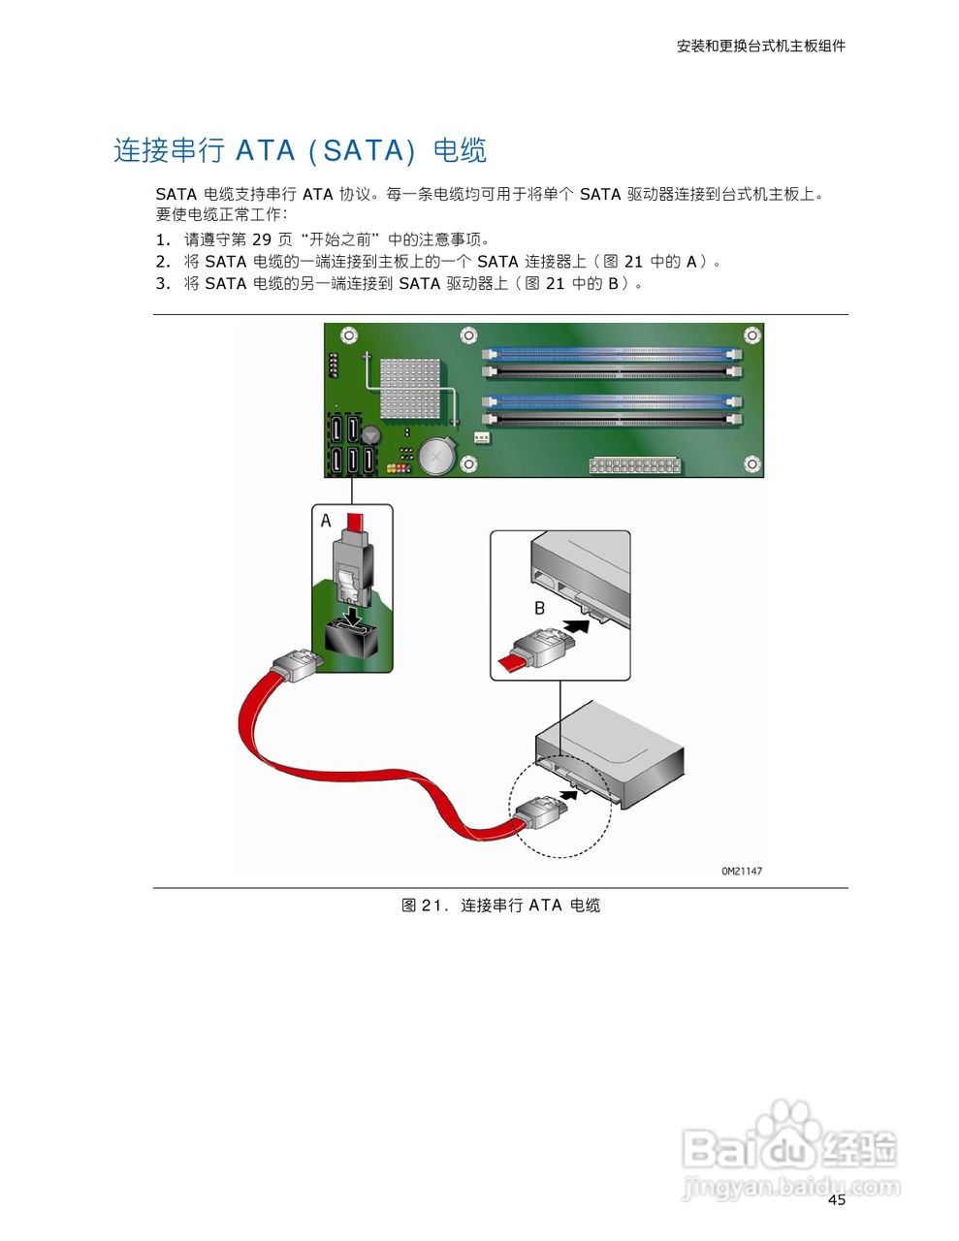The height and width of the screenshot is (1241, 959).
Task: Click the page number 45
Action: pos(836,1200)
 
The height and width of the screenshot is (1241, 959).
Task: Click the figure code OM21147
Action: pos(741,871)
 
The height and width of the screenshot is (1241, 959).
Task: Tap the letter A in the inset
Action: pos(326,522)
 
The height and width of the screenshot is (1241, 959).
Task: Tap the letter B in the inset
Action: pos(540,608)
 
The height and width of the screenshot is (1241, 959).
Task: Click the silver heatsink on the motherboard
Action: pos(409,388)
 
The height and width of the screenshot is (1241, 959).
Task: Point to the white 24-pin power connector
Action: pos(635,465)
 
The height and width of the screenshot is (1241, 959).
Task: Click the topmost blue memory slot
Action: pos(612,356)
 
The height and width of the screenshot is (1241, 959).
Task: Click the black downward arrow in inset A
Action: pos(354,615)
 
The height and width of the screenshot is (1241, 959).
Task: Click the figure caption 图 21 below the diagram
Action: pos(500,905)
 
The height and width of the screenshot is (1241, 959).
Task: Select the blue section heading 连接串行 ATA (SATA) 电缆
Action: pos(300,150)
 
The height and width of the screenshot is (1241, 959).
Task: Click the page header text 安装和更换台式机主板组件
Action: pos(760,46)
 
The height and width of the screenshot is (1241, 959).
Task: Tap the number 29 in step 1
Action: pos(262,239)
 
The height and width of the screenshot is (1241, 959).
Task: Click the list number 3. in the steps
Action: pos(163,283)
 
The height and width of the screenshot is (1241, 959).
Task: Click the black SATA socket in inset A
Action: pos(350,640)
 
